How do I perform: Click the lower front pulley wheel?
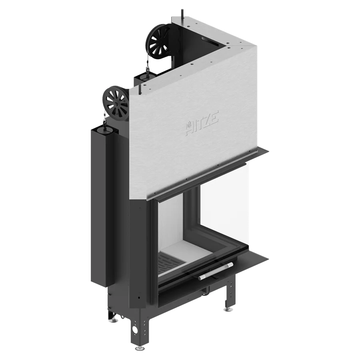click(116, 104)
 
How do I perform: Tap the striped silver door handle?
click(216, 271)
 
